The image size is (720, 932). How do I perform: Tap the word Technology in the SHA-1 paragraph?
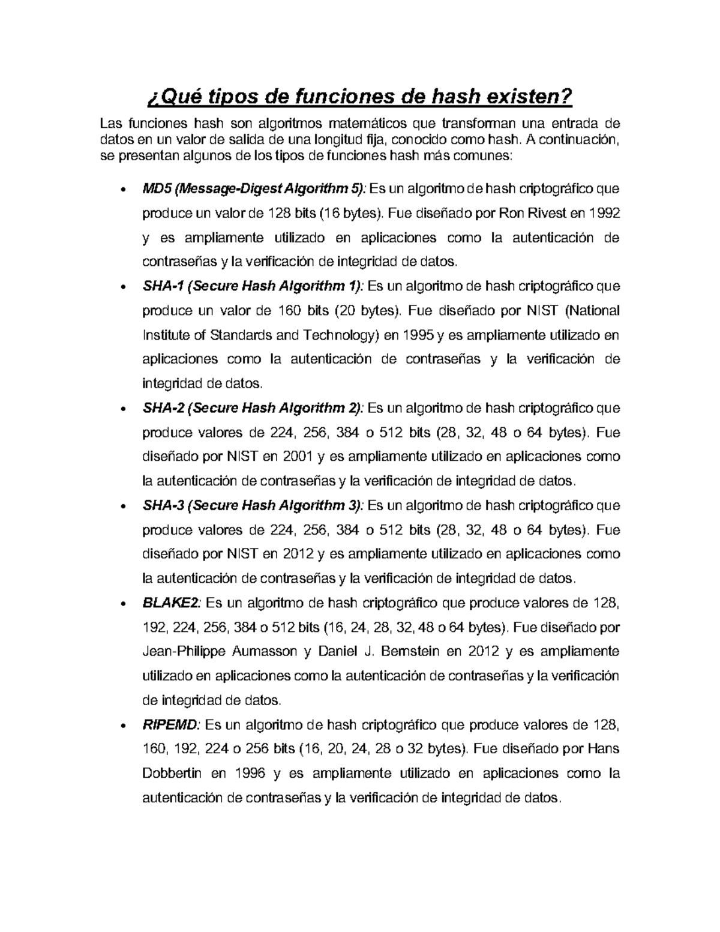tap(337, 335)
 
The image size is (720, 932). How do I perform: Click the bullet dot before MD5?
tap(122, 191)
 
